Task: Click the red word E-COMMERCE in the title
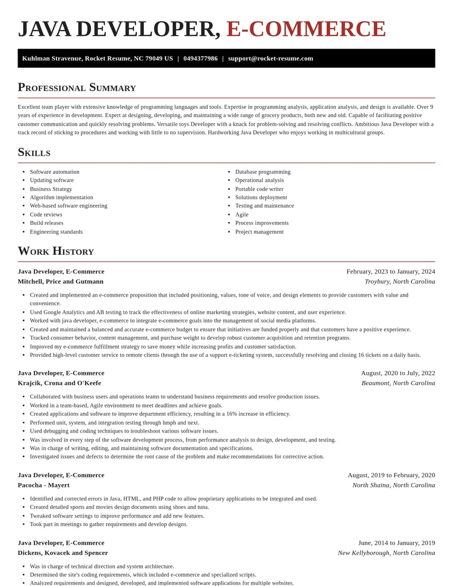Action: click(x=306, y=29)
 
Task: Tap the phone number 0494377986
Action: click(x=200, y=58)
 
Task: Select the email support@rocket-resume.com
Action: click(x=270, y=58)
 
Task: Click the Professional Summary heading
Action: click(x=76, y=87)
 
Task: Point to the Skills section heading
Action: click(x=34, y=152)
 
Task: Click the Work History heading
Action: click(x=55, y=251)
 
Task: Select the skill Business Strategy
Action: click(x=51, y=189)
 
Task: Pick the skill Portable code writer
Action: click(x=259, y=189)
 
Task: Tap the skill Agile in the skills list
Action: click(x=242, y=215)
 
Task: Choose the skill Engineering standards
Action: click(x=56, y=232)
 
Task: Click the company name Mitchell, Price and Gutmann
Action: click(x=61, y=281)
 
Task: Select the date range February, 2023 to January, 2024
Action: click(x=391, y=272)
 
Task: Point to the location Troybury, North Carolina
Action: click(x=400, y=281)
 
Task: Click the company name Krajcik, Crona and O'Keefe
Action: click(x=59, y=383)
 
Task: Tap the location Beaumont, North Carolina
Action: click(x=398, y=383)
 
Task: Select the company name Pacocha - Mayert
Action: click(x=44, y=485)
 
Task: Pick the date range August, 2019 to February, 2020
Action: click(x=391, y=476)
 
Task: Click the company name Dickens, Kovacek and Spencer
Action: click(x=63, y=553)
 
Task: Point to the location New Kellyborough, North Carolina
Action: click(x=386, y=553)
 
